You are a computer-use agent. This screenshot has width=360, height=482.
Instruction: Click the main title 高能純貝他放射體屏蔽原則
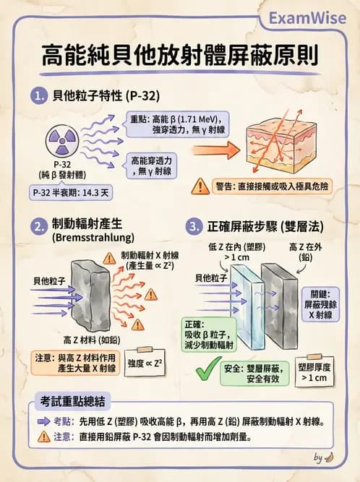(x=179, y=56)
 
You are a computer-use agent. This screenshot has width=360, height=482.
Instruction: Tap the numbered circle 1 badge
(x=41, y=95)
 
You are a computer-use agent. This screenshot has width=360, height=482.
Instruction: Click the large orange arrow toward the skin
(x=215, y=151)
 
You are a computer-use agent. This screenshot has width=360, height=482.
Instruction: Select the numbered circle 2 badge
(x=41, y=226)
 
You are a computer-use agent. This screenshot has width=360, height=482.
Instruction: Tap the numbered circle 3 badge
(x=193, y=226)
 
